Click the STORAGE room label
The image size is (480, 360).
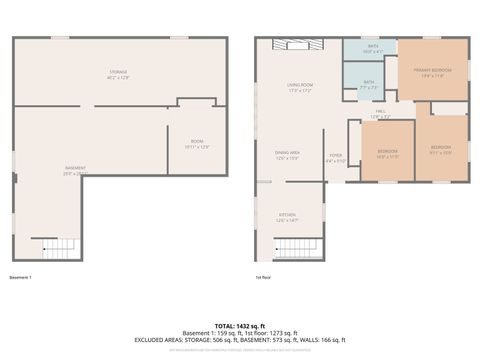[118, 75]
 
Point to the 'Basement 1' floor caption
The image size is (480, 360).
[21, 277]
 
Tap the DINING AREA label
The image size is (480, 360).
[288, 155]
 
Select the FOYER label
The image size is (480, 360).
[335, 157]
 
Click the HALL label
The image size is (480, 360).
[380, 113]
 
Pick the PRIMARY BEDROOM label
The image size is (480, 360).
[432, 70]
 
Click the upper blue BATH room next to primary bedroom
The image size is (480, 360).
[372, 48]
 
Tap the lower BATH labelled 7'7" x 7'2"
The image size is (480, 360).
[369, 84]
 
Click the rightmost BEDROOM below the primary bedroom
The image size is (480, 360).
[441, 150]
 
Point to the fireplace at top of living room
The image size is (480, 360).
[300, 44]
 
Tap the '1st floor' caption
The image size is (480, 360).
[264, 277]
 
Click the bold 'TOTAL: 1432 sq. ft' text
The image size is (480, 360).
[239, 326]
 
